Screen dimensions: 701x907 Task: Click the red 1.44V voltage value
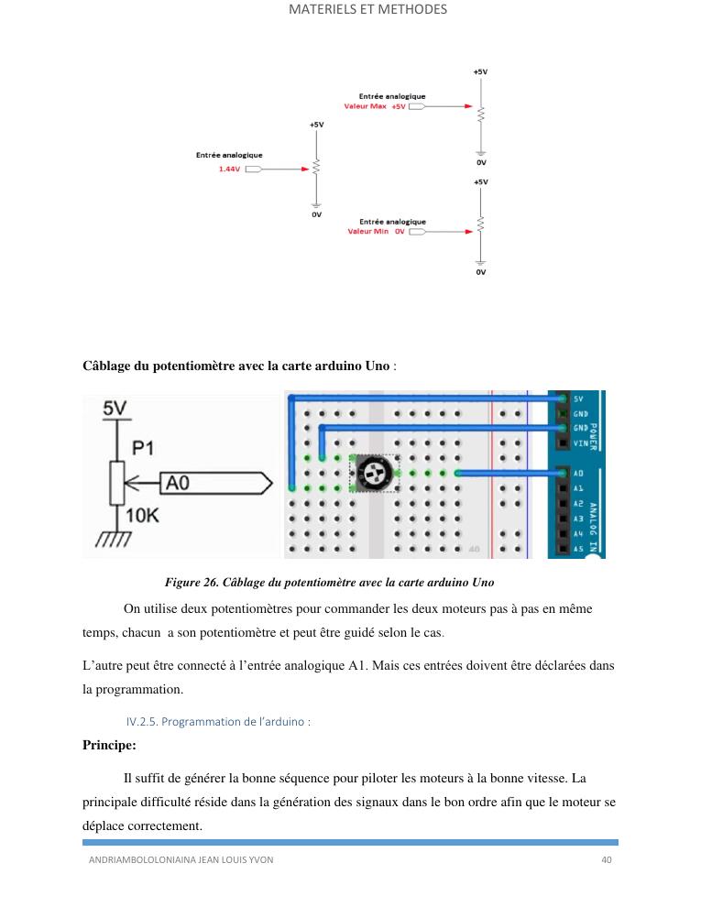[229, 169]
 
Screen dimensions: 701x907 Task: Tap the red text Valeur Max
[365, 106]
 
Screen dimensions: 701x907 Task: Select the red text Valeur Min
[367, 232]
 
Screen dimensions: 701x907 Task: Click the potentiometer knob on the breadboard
[374, 473]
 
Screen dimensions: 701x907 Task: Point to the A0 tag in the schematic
[215, 483]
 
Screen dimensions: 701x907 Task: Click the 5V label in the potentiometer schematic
[115, 408]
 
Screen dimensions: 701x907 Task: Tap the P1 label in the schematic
[143, 448]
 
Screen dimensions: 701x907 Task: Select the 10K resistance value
[142, 515]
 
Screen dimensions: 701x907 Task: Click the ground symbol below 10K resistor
[114, 540]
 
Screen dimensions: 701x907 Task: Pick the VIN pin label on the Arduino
[581, 443]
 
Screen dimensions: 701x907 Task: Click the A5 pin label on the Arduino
[578, 549]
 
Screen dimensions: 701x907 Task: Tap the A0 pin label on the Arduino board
[578, 473]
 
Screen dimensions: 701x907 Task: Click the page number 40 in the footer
[606, 859]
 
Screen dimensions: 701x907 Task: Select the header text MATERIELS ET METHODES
[367, 9]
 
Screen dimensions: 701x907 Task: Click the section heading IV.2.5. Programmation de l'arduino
[218, 721]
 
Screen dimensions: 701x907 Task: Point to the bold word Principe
[109, 745]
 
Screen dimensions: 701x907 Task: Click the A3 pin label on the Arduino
[578, 519]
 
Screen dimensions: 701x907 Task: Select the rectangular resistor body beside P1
[117, 483]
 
